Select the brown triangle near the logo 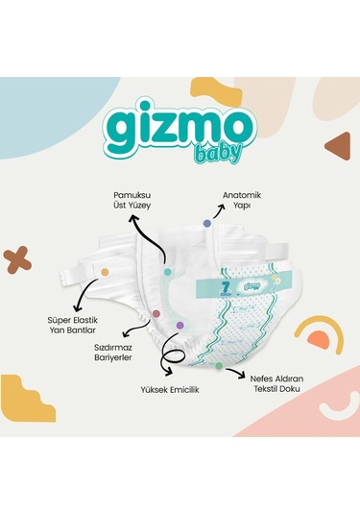tap(337, 146)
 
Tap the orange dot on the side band tap(104, 272)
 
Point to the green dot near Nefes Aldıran tap(218, 367)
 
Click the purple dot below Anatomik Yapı tap(206, 223)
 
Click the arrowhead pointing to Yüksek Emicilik tap(171, 370)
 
